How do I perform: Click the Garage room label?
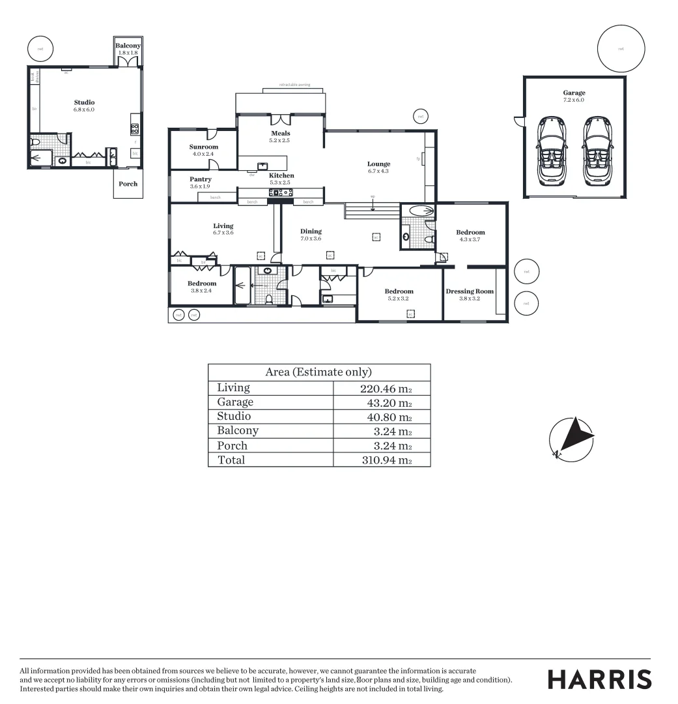coord(574,93)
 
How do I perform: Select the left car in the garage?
coord(551,151)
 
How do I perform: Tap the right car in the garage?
coord(597,151)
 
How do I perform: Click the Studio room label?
coord(84,102)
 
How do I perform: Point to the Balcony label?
coord(128,46)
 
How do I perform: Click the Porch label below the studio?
coord(128,184)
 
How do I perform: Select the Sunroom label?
coord(204,147)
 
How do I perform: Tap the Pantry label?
coord(201,179)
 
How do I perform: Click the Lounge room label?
coord(378,164)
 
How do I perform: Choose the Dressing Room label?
coord(470,291)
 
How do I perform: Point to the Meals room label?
coord(281,134)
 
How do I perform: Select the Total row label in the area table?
coord(231,460)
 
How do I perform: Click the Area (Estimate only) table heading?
coord(318,372)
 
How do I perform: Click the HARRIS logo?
coord(599,679)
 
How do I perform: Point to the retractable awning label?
coord(294,85)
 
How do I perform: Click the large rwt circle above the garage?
coord(621,48)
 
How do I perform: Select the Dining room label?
coord(311,231)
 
